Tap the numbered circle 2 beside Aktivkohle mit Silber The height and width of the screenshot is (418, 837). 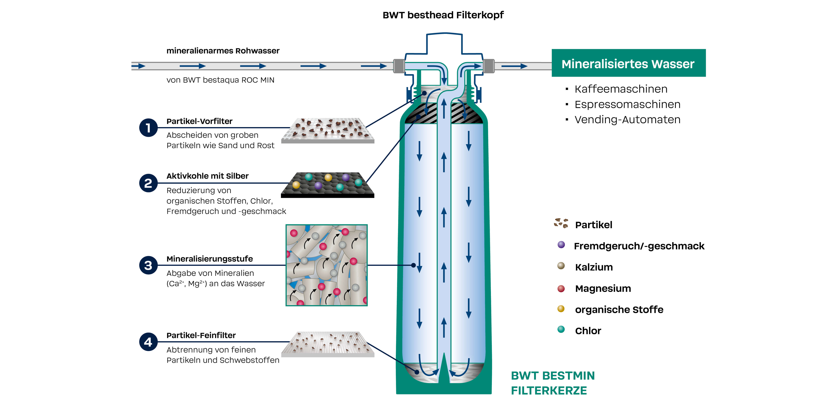point(148,183)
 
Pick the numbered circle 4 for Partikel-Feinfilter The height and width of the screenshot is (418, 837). point(148,342)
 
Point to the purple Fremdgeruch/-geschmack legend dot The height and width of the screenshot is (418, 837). point(561,245)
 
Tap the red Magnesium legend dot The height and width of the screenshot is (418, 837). point(561,289)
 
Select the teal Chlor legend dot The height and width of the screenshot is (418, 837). point(561,329)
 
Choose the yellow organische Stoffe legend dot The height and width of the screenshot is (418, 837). point(561,309)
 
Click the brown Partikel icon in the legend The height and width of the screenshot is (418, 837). point(561,223)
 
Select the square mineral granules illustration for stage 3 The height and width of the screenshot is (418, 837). point(327,265)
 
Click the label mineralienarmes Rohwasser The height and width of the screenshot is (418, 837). point(223,51)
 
